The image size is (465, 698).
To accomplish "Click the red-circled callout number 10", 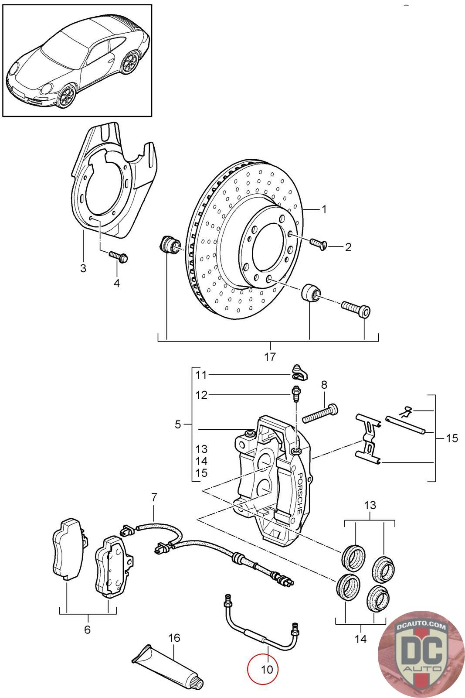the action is (x=267, y=669).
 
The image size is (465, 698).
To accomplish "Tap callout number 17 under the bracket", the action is (x=270, y=356).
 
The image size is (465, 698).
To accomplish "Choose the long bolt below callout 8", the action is (x=320, y=413).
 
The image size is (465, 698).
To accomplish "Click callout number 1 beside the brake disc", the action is (x=324, y=209).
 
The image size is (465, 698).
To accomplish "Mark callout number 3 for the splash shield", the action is (x=83, y=268).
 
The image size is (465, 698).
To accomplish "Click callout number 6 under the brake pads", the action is (x=88, y=630).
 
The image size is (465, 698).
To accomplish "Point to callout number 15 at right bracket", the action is (x=452, y=438).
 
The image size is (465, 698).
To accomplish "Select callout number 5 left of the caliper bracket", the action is (x=178, y=424).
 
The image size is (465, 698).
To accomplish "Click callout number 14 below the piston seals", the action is (x=361, y=639).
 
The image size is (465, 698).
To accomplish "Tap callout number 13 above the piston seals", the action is (x=370, y=505).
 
